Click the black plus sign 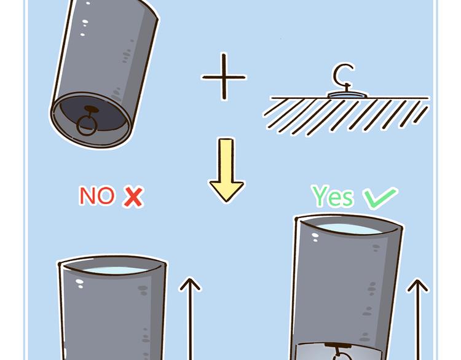(x=224, y=77)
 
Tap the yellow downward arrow (x=226, y=172)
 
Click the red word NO (x=97, y=196)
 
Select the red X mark (x=133, y=197)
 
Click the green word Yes (x=333, y=197)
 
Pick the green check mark (x=379, y=198)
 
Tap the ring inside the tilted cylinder (x=85, y=127)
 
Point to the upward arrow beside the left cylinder (x=191, y=319)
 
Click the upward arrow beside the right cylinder (x=418, y=319)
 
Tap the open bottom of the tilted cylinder (x=91, y=122)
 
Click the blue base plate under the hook (x=346, y=95)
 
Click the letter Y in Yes (x=320, y=197)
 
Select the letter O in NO (x=105, y=196)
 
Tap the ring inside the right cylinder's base (x=337, y=355)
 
